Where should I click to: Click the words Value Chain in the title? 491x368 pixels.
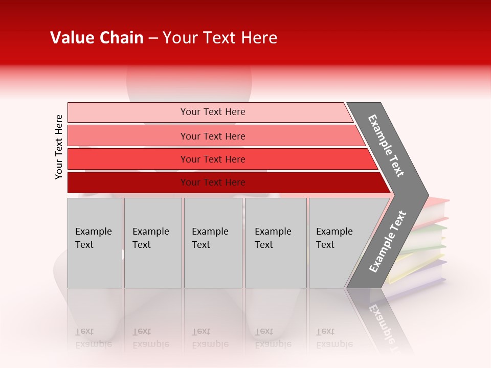[x=97, y=38]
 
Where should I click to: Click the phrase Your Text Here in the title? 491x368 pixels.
[x=220, y=38]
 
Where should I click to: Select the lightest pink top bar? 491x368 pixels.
[x=210, y=112]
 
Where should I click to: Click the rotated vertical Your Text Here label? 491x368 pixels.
[x=59, y=147]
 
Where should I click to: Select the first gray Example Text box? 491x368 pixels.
[x=95, y=243]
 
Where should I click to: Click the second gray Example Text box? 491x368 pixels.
[x=153, y=243]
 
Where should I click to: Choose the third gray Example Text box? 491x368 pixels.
[x=213, y=243]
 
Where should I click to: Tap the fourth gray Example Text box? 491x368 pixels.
[x=276, y=243]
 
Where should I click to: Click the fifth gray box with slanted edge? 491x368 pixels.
[x=338, y=243]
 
